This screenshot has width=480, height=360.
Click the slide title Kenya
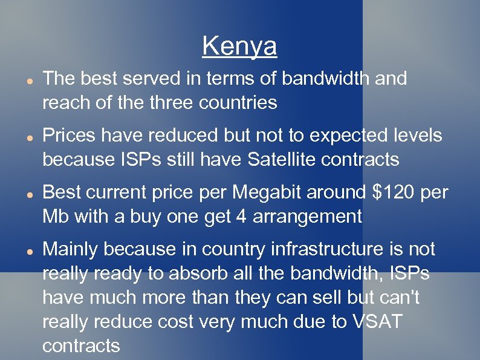tap(239, 45)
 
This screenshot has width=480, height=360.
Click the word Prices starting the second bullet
tap(68, 136)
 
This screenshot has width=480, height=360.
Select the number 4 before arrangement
tap(255, 217)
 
